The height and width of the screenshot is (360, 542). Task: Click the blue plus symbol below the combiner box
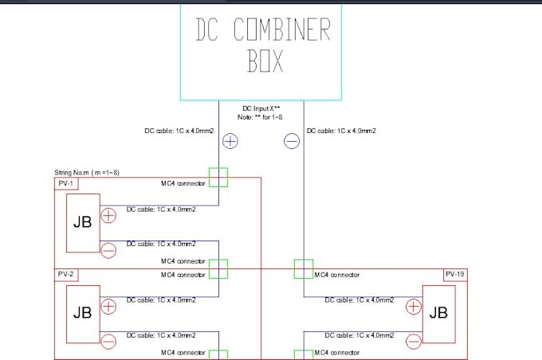(230, 142)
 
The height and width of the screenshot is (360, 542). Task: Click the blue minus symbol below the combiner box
(292, 142)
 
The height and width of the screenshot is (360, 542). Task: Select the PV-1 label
(66, 183)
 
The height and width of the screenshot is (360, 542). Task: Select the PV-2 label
(66, 274)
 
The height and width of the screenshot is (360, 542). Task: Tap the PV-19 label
(455, 274)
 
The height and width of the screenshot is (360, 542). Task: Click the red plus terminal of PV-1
(109, 214)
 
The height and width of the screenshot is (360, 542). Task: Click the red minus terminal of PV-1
(109, 249)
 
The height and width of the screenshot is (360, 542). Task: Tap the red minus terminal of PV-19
(413, 340)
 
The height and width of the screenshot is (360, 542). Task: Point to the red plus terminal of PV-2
(109, 305)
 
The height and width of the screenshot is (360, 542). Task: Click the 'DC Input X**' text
(262, 108)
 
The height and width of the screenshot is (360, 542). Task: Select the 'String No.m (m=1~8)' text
(87, 173)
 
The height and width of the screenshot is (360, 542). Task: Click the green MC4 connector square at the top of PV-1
(218, 177)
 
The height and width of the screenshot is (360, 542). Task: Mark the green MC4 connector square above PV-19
(304, 268)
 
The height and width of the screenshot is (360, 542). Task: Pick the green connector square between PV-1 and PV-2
(218, 268)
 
